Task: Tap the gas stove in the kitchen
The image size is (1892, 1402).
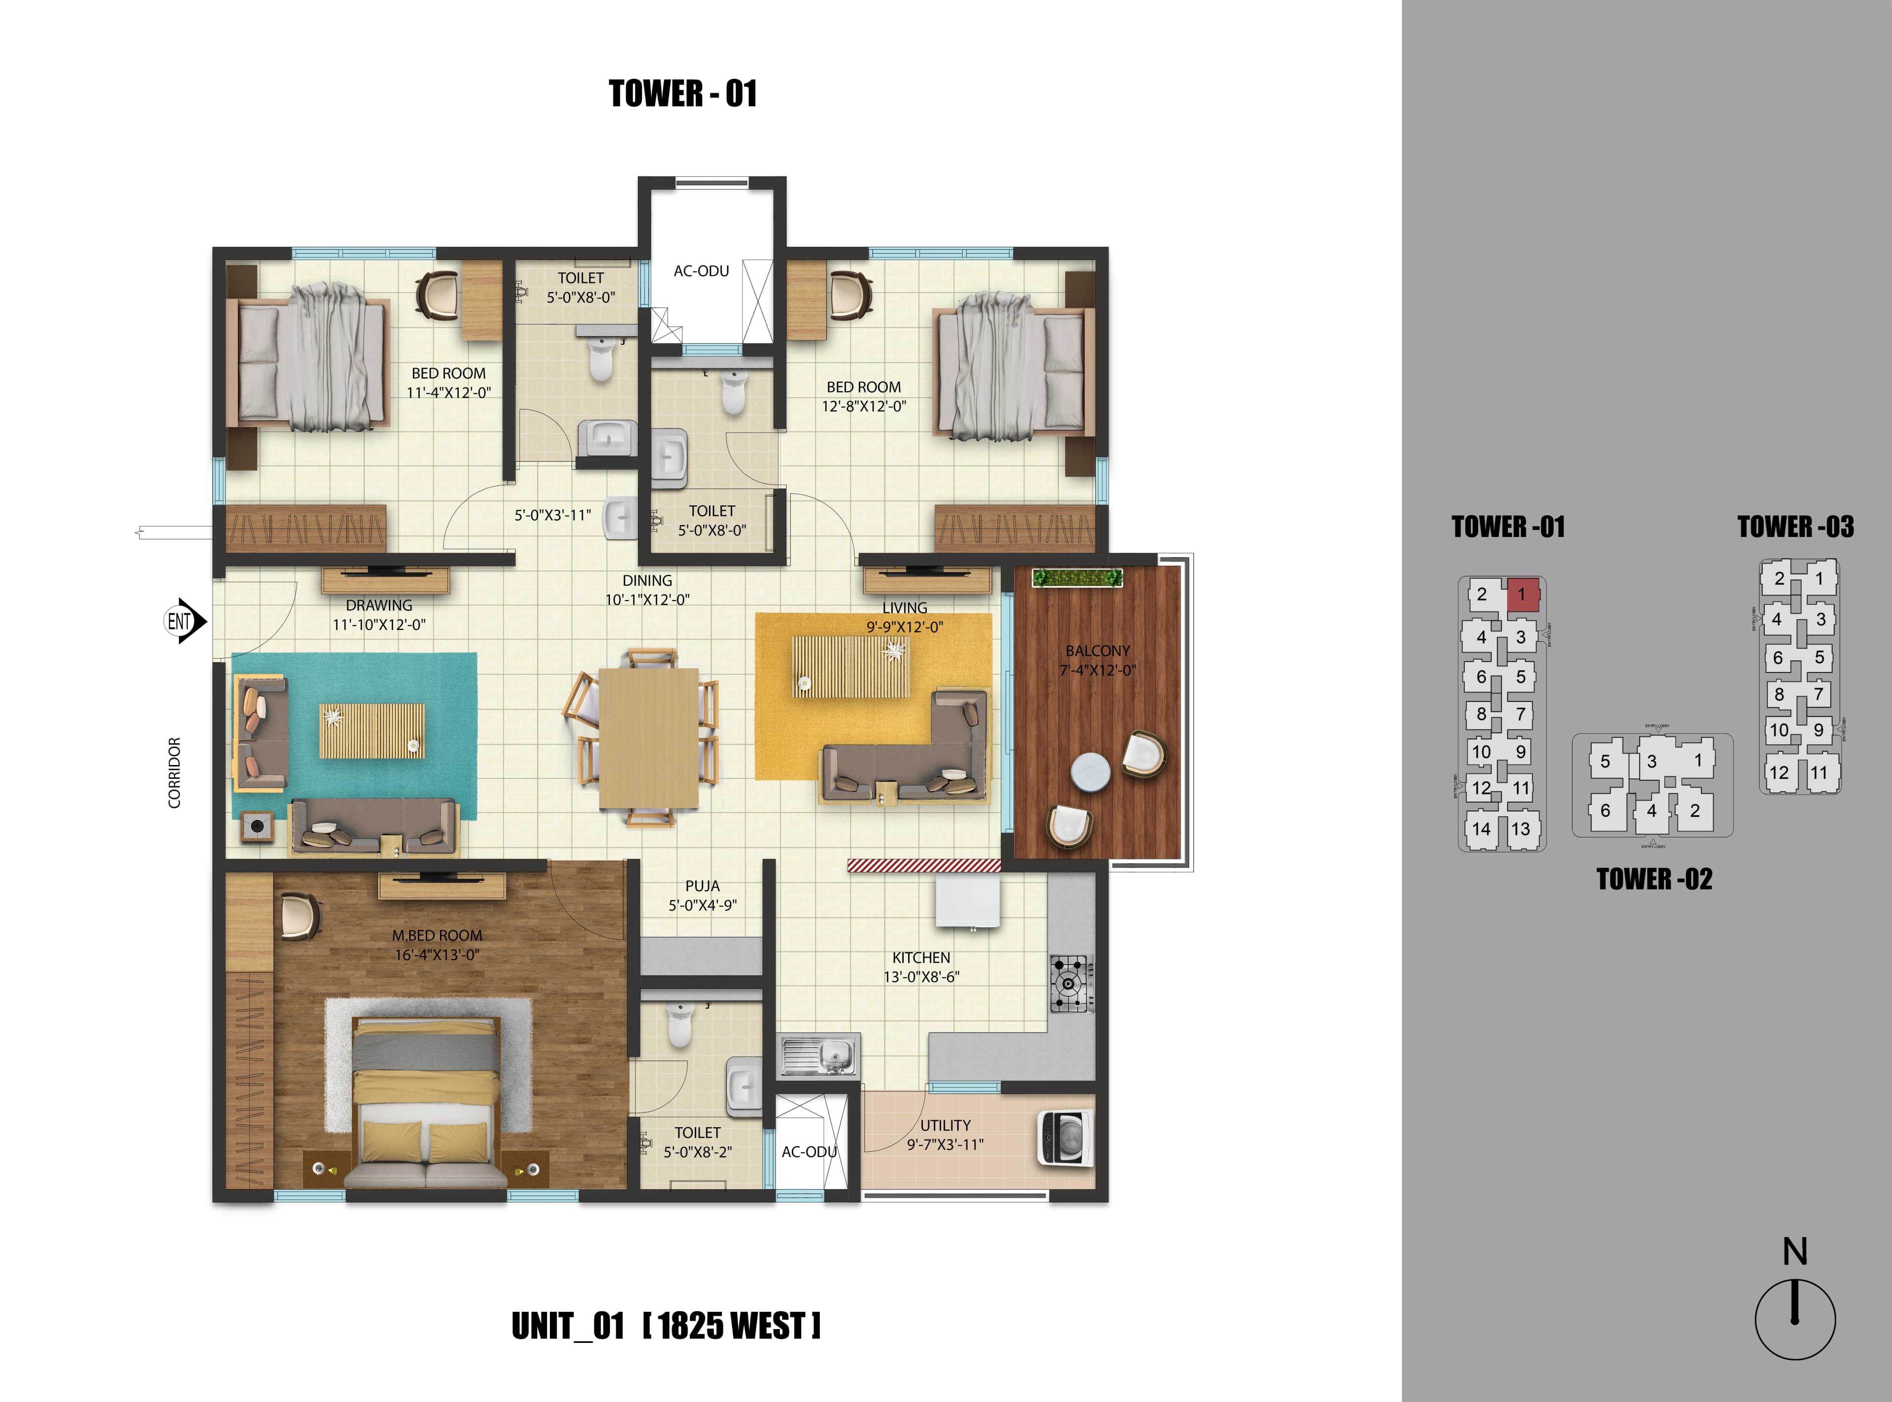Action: tap(1070, 984)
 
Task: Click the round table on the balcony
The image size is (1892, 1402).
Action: tap(1090, 771)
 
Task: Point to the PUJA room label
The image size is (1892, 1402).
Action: tap(702, 885)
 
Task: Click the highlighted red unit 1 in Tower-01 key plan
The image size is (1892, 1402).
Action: tap(1522, 594)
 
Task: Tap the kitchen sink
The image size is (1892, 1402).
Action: tap(819, 1054)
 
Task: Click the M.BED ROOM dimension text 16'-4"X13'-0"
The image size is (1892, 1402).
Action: tap(436, 955)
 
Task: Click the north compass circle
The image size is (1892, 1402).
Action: tap(1794, 1320)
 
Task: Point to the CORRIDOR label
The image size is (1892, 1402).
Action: tap(174, 772)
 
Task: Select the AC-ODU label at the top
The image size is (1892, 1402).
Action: tap(701, 271)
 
